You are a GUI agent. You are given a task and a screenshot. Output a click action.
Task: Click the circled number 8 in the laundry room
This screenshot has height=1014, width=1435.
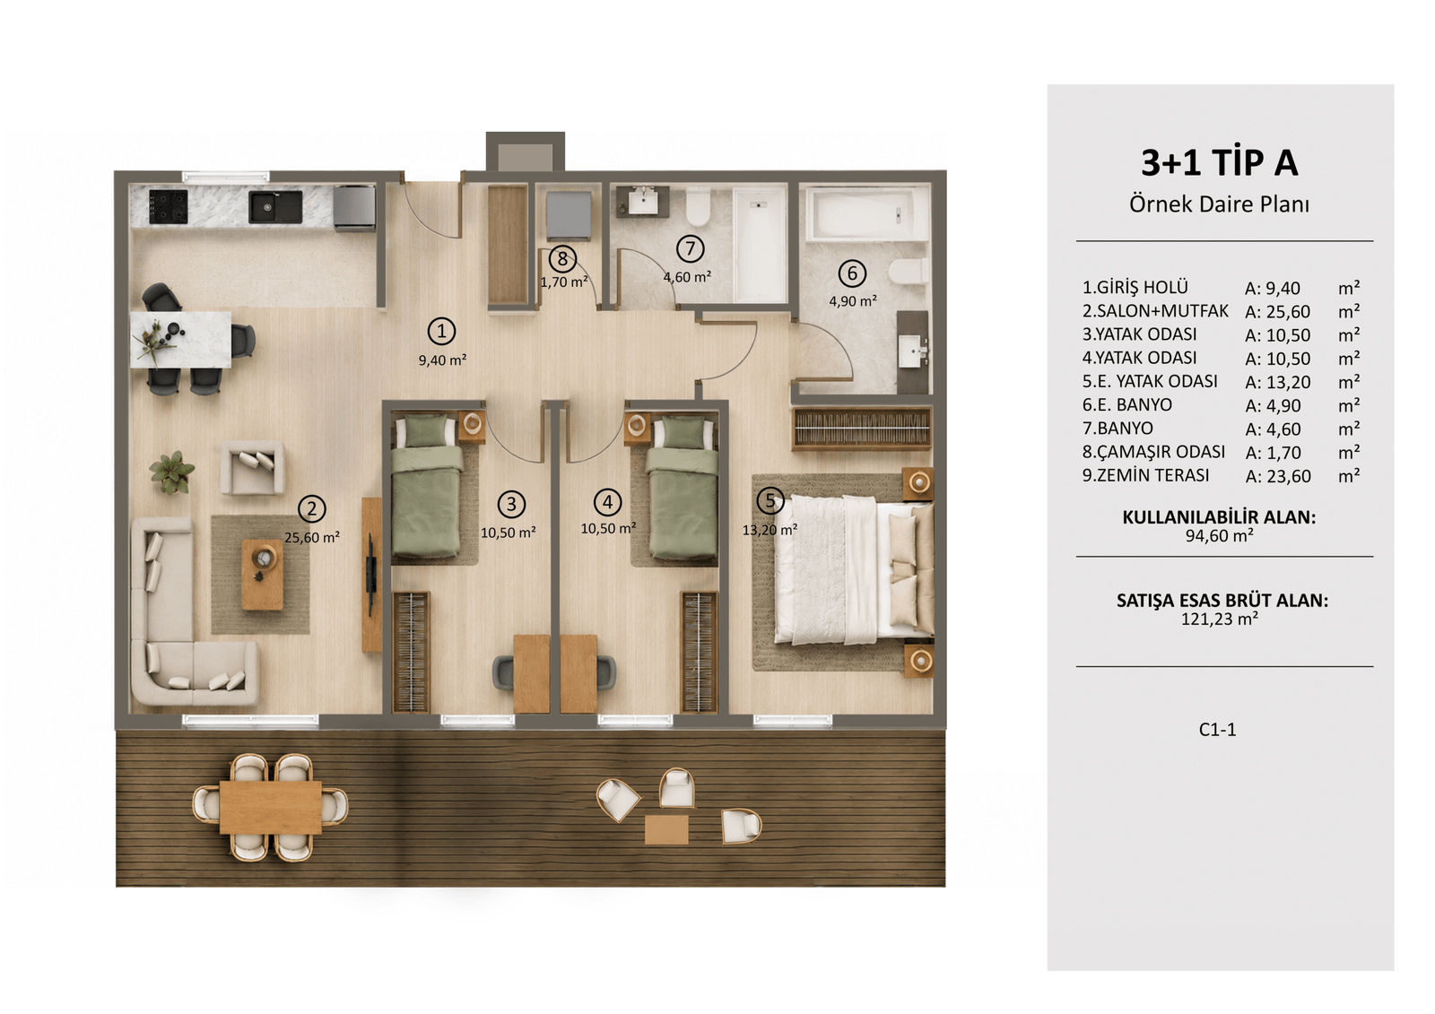click(x=562, y=259)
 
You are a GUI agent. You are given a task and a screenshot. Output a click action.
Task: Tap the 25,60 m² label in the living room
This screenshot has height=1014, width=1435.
click(x=312, y=537)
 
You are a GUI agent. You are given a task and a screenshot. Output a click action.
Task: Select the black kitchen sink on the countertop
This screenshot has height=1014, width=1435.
click(x=275, y=207)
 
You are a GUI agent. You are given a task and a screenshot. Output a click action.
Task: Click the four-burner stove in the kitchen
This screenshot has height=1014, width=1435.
click(x=169, y=206)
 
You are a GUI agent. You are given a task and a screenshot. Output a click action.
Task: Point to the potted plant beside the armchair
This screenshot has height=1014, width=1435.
click(x=171, y=472)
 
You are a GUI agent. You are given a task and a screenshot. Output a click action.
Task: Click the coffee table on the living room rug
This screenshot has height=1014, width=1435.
click(x=263, y=574)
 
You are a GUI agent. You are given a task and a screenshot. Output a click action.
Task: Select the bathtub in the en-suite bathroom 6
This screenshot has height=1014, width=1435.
click(x=867, y=213)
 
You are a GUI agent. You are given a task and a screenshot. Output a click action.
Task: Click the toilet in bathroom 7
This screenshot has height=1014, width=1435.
click(x=698, y=205)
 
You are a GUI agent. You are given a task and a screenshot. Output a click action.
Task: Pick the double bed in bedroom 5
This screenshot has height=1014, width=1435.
click(x=853, y=570)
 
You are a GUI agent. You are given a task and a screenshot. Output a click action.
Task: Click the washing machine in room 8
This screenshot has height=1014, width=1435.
click(x=569, y=215)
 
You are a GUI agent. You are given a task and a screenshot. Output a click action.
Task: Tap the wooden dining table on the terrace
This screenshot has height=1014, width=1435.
click(x=270, y=807)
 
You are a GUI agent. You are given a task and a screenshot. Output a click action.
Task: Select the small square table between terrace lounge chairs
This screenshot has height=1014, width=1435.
click(x=666, y=829)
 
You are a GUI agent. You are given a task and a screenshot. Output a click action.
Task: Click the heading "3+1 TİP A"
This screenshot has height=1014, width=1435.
click(x=1219, y=162)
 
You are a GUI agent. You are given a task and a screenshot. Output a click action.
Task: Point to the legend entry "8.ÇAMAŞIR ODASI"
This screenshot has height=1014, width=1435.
click(x=1153, y=452)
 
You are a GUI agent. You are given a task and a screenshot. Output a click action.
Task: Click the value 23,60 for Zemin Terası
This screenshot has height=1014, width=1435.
click(x=1289, y=476)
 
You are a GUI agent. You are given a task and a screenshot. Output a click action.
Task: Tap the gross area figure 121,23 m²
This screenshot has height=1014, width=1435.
click(x=1219, y=619)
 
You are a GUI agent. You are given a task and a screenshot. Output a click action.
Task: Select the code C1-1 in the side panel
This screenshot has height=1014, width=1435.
click(x=1217, y=730)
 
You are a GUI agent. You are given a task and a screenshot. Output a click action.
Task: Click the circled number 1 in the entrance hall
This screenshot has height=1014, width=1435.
click(x=441, y=331)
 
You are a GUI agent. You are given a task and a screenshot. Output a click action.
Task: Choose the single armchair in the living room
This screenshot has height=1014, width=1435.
click(x=252, y=468)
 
